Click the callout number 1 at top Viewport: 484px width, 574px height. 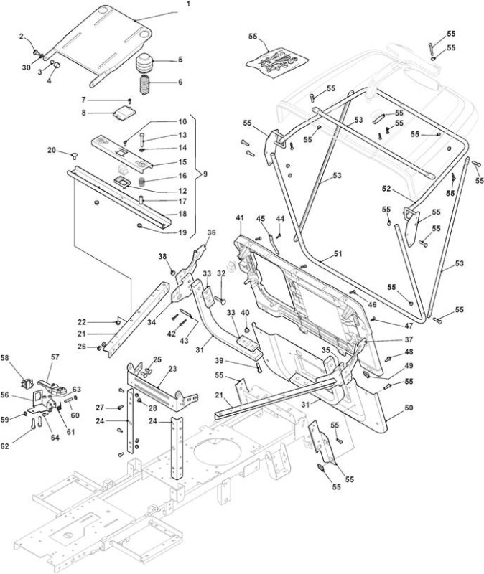[188, 4]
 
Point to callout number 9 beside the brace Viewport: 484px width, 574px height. [205, 174]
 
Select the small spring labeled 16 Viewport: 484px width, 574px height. [141, 181]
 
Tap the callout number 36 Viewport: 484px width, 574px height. [211, 232]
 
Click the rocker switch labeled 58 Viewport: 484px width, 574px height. [27, 383]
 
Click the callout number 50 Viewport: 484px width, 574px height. [409, 408]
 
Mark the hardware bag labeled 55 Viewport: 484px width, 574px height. [277, 61]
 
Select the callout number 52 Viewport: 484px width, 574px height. [386, 189]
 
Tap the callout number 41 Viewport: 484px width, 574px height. [240, 218]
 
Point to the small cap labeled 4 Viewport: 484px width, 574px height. [57, 65]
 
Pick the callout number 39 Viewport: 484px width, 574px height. [219, 361]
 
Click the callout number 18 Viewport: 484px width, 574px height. [182, 213]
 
